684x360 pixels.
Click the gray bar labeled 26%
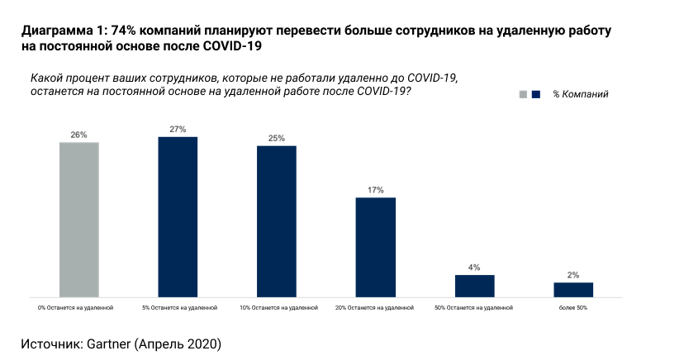point(79,219)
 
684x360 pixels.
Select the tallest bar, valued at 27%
point(178,216)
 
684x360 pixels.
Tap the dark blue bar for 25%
point(277,220)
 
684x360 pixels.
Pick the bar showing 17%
point(376,247)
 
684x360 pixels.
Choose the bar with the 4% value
point(474,286)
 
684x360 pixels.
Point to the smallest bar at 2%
point(573,289)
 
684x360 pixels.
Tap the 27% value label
point(178,130)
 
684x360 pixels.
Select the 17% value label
point(376,191)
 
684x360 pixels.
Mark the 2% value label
point(573,275)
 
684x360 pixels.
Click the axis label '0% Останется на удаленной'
point(75,307)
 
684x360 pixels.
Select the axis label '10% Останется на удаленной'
point(278,307)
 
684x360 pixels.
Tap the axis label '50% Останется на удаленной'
point(473,307)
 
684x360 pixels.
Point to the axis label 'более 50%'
point(573,307)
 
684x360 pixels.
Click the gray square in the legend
point(523,95)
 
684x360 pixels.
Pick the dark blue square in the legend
point(536,95)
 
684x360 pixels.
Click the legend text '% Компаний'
point(581,95)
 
